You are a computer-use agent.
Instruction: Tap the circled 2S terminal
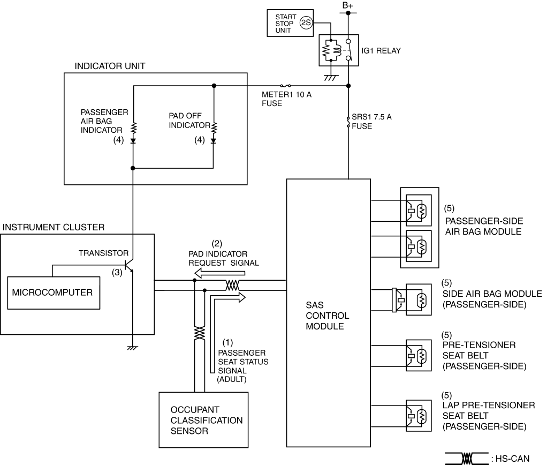coord(306,23)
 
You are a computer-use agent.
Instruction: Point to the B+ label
coord(347,5)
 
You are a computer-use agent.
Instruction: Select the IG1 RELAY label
coord(381,50)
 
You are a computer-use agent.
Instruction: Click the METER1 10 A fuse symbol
coord(285,86)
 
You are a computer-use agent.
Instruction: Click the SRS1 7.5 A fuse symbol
coord(348,122)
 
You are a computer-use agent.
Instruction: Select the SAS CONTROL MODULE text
coord(327,316)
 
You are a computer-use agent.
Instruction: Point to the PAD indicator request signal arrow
coord(219,273)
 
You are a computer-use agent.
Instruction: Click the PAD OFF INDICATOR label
coord(189,121)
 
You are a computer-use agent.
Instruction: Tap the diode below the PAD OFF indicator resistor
coord(214,141)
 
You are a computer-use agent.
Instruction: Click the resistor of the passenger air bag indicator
coord(133,129)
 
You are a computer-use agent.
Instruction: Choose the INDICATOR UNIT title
coord(110,66)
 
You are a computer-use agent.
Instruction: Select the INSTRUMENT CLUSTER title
coord(54,227)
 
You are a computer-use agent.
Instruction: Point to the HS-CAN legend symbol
coord(466,459)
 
